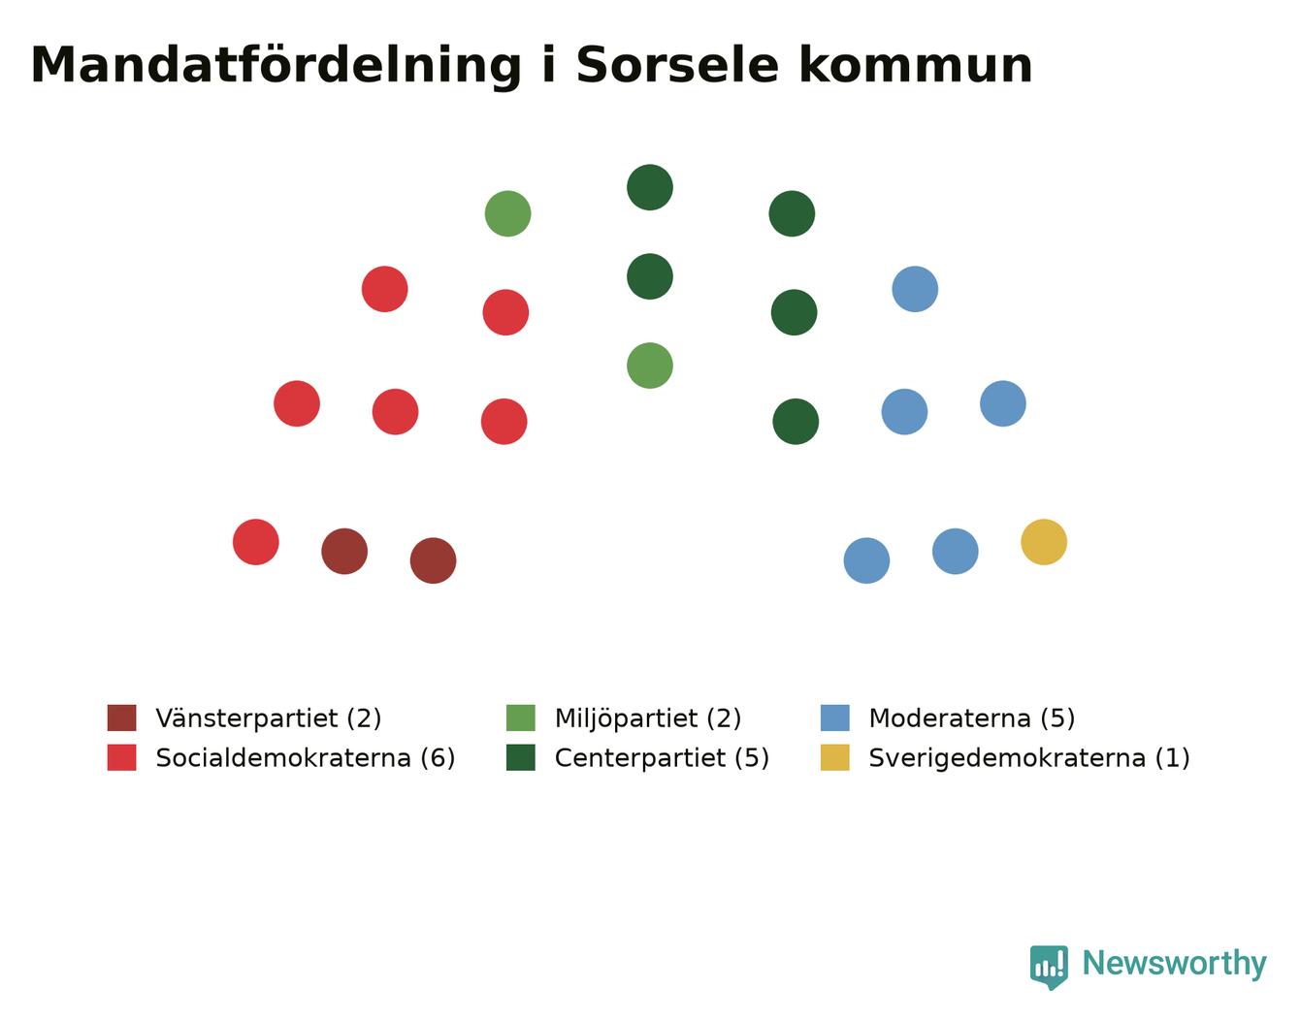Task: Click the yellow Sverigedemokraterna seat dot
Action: (1043, 542)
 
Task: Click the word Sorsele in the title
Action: (677, 65)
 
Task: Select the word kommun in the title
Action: (915, 65)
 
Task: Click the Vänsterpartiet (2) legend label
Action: (268, 718)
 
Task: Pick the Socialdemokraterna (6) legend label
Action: (305, 758)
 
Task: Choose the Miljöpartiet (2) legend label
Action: (647, 718)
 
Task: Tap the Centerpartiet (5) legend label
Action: (661, 758)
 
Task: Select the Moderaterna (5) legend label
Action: (971, 718)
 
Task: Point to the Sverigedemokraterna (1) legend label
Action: (1029, 758)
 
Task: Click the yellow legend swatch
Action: (834, 757)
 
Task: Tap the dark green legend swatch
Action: (520, 757)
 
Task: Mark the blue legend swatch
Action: (834, 717)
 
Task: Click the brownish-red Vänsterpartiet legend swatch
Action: (121, 717)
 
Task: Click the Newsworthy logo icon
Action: (1049, 968)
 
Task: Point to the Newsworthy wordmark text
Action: (1175, 964)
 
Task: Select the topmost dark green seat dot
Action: (650, 187)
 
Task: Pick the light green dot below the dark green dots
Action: (650, 366)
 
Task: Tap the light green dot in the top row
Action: (507, 213)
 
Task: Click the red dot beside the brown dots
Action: (255, 542)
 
